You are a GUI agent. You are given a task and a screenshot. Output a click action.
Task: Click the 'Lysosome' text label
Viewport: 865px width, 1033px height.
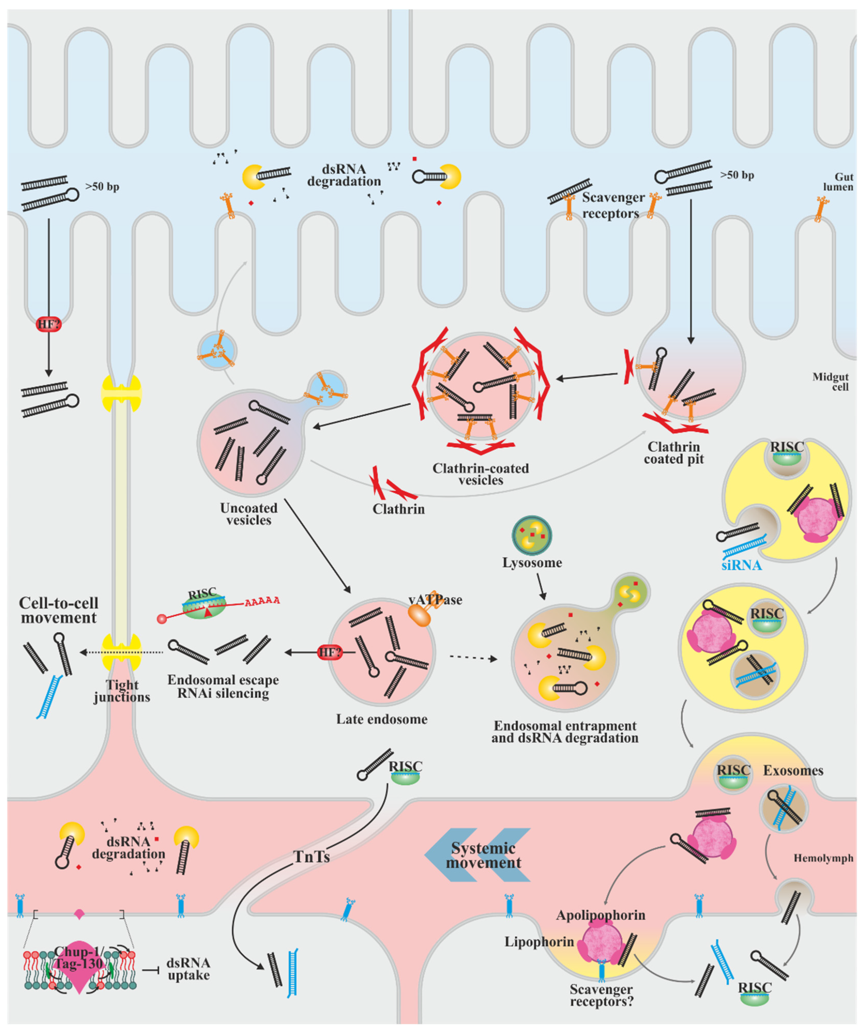[x=532, y=563]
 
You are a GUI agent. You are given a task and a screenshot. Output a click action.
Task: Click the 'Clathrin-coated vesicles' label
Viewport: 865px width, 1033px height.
[x=481, y=474]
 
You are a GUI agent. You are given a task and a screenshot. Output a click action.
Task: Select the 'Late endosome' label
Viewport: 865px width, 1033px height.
[x=382, y=719]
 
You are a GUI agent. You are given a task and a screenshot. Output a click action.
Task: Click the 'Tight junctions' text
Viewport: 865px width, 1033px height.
[x=122, y=691]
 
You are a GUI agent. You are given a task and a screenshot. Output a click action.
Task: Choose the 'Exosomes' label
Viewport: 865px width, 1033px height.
[x=793, y=771]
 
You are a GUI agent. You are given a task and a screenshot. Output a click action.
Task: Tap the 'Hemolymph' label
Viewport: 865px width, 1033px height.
[x=823, y=858]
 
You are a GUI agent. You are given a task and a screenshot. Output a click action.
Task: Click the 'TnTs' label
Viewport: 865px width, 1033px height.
[x=312, y=857]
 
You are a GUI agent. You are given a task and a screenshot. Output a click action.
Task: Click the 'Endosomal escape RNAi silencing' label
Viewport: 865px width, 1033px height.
[x=223, y=687]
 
